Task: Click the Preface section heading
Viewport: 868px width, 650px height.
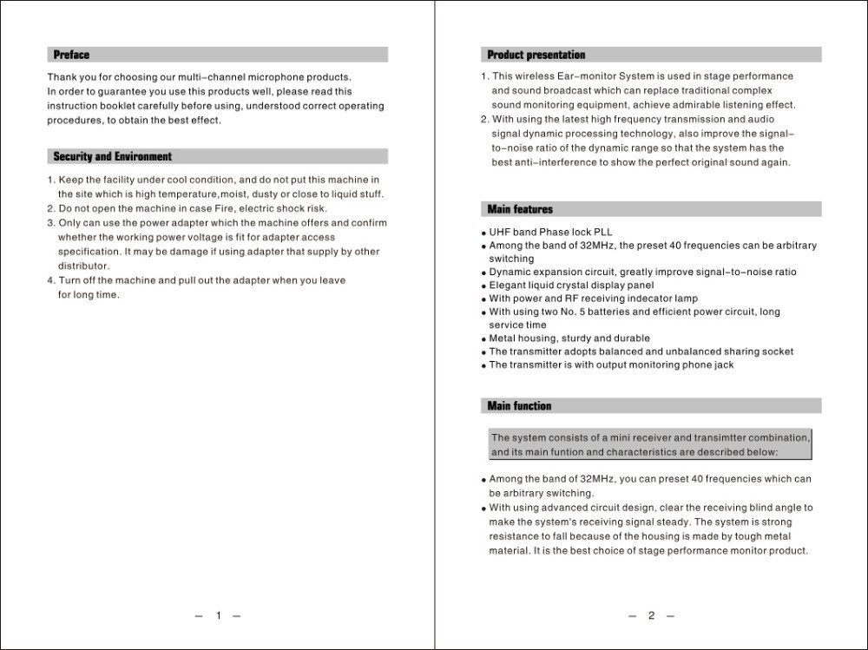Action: pyautogui.click(x=71, y=56)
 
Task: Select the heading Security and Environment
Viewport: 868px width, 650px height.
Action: pyautogui.click(x=112, y=157)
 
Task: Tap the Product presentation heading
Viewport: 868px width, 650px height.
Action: pyautogui.click(x=536, y=56)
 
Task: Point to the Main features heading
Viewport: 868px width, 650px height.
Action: pyautogui.click(x=519, y=209)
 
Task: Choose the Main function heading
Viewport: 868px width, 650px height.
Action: pyautogui.click(x=519, y=406)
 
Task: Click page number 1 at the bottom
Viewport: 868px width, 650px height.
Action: pyautogui.click(x=218, y=616)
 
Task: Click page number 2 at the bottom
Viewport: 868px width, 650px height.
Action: pyautogui.click(x=651, y=616)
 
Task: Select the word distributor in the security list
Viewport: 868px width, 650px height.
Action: pyautogui.click(x=83, y=266)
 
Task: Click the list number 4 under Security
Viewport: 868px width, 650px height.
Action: pyautogui.click(x=50, y=281)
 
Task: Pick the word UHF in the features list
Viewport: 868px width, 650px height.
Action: pyautogui.click(x=500, y=233)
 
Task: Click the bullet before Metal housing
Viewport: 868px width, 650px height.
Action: pyautogui.click(x=483, y=339)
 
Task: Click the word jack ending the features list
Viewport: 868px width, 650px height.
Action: pyautogui.click(x=723, y=365)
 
